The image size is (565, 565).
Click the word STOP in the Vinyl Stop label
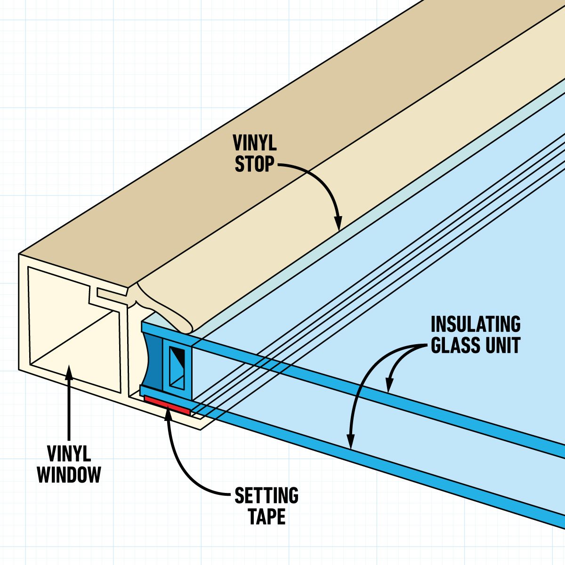coord(254,164)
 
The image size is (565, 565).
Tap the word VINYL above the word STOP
coord(255,143)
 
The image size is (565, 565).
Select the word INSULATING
coord(476,324)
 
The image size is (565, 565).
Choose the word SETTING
coord(266,496)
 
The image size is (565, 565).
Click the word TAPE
coord(266,517)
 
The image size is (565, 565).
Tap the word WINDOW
coord(69,474)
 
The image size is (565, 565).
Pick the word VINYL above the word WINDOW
coord(69,454)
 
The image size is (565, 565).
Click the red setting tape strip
coord(167,405)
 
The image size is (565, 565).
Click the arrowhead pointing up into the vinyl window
coord(69,371)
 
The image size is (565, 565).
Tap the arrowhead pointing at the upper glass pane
coord(389,386)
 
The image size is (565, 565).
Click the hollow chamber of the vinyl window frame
coord(71,325)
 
